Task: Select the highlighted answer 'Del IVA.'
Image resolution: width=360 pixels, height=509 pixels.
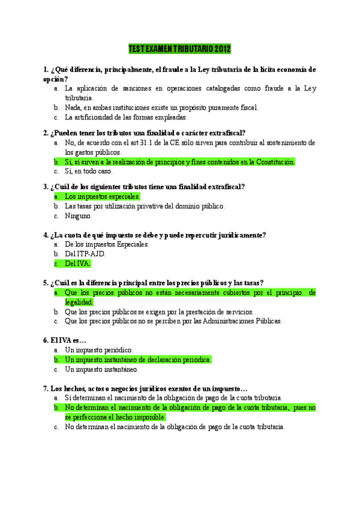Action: click(x=78, y=264)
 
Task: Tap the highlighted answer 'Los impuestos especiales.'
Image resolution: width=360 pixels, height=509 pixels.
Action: click(x=102, y=196)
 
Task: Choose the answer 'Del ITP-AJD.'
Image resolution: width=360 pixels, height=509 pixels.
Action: click(x=85, y=254)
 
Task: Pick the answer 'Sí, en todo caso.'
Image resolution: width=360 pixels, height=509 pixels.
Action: click(x=88, y=171)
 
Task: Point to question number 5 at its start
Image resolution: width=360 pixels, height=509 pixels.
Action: click(x=46, y=283)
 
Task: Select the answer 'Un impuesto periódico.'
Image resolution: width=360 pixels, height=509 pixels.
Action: click(x=99, y=350)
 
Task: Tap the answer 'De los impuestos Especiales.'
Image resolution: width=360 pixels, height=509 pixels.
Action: click(x=107, y=244)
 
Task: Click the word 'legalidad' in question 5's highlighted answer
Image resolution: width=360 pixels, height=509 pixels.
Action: click(x=79, y=302)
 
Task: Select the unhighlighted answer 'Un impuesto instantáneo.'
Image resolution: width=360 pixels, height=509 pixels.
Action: click(x=102, y=369)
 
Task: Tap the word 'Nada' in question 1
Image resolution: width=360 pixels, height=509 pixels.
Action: click(x=73, y=107)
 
